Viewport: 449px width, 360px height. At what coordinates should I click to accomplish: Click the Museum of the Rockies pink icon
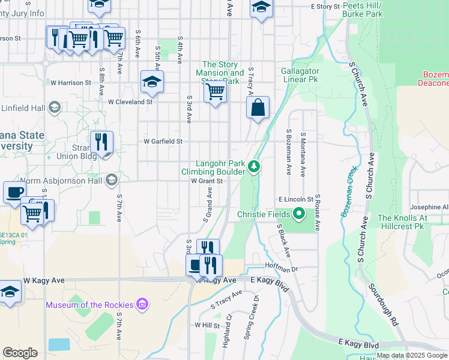pos(143,305)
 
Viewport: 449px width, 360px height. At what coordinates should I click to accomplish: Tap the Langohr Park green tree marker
pos(255,166)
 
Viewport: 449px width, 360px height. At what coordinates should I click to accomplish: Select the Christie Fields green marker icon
pos(298,214)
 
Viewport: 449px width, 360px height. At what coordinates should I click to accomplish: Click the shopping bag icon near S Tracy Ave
pos(258,109)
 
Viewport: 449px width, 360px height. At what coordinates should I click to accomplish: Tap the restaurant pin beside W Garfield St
pos(101,143)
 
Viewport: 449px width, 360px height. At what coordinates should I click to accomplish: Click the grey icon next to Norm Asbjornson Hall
pos(111,180)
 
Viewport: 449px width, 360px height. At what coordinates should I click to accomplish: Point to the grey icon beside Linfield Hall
pos(54,107)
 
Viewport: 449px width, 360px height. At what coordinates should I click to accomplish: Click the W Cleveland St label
pos(130,102)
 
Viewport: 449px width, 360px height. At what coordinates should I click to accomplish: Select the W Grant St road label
pos(207,181)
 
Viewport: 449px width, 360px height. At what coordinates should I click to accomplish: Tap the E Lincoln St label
pos(295,199)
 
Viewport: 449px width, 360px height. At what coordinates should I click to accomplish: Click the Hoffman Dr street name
pos(280,270)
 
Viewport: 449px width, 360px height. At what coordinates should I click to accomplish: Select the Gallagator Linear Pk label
pos(300,75)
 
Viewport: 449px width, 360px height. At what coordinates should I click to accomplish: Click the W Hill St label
pos(208,325)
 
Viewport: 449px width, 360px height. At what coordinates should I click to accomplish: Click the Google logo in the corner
pos(20,353)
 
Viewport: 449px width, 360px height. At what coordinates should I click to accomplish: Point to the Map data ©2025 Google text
pos(412,355)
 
